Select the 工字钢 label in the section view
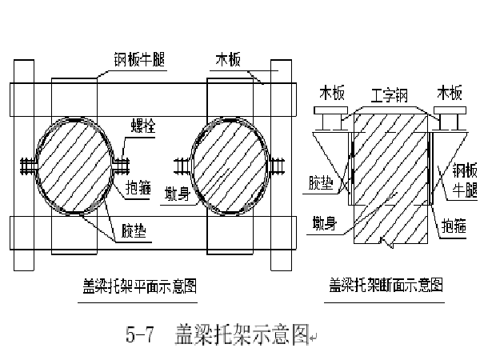[x=390, y=94]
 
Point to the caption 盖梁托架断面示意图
[x=386, y=283]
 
